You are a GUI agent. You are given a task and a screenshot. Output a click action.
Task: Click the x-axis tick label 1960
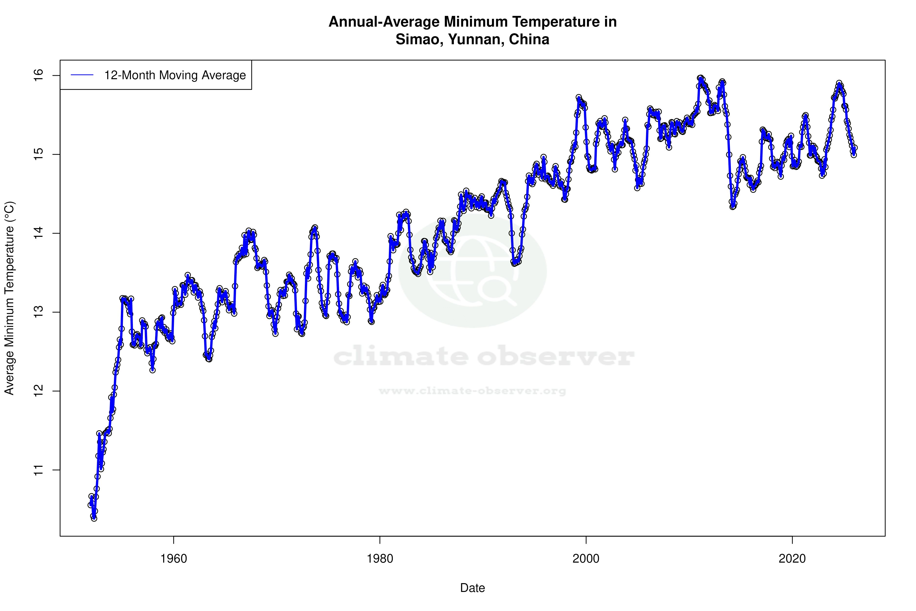[x=174, y=559]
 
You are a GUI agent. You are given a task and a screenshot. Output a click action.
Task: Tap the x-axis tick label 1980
[x=380, y=559]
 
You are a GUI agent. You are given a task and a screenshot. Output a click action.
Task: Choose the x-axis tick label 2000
[x=586, y=559]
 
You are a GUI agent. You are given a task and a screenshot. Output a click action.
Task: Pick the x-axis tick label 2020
[x=792, y=559]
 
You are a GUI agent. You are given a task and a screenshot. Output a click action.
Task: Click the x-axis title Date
[x=472, y=588]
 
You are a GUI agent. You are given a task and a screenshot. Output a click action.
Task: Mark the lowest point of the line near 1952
[x=94, y=518]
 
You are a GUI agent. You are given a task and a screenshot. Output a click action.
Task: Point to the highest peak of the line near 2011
[x=701, y=78]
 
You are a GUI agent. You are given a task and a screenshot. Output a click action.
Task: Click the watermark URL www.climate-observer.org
[x=472, y=391]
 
